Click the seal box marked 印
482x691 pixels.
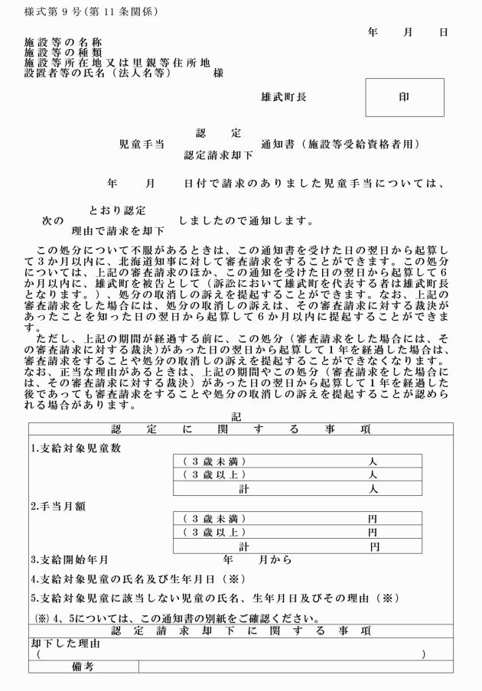[x=404, y=97]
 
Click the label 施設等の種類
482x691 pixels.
[x=64, y=52]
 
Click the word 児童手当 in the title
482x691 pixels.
[x=142, y=143]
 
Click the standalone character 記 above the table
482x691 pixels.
[x=237, y=416]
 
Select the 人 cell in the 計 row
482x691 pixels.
[x=373, y=489]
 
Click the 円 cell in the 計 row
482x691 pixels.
[x=373, y=547]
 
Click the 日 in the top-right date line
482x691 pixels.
[x=443, y=33]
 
